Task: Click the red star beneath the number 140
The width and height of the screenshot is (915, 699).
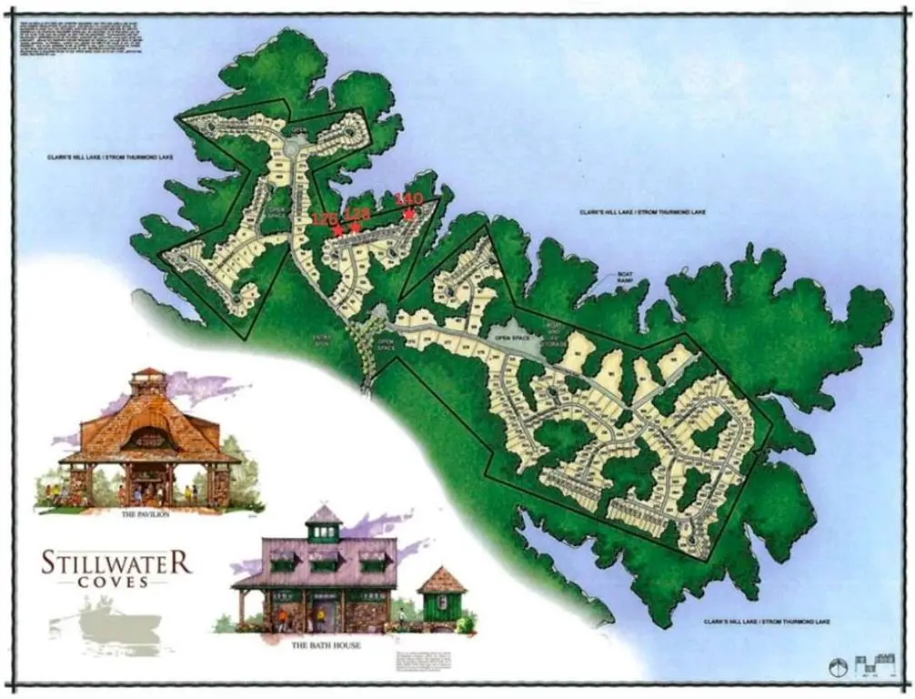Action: tap(409, 214)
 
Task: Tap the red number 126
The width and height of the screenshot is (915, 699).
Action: tap(324, 218)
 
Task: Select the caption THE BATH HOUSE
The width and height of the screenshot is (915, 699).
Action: tap(327, 645)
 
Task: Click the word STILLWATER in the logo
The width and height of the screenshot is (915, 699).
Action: tap(116, 562)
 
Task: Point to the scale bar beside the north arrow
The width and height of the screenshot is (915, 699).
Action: tap(870, 664)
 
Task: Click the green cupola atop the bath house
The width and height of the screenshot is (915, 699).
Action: tap(323, 523)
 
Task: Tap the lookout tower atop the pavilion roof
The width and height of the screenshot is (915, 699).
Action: tap(148, 383)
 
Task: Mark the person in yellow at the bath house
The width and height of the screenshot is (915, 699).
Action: tap(281, 619)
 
